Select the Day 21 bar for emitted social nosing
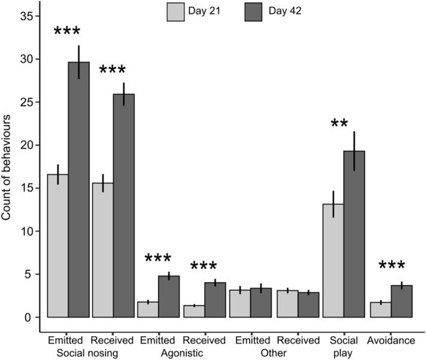[57, 246]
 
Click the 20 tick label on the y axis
[26, 146]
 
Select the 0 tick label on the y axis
[29, 317]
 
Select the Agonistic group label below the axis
[181, 353]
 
